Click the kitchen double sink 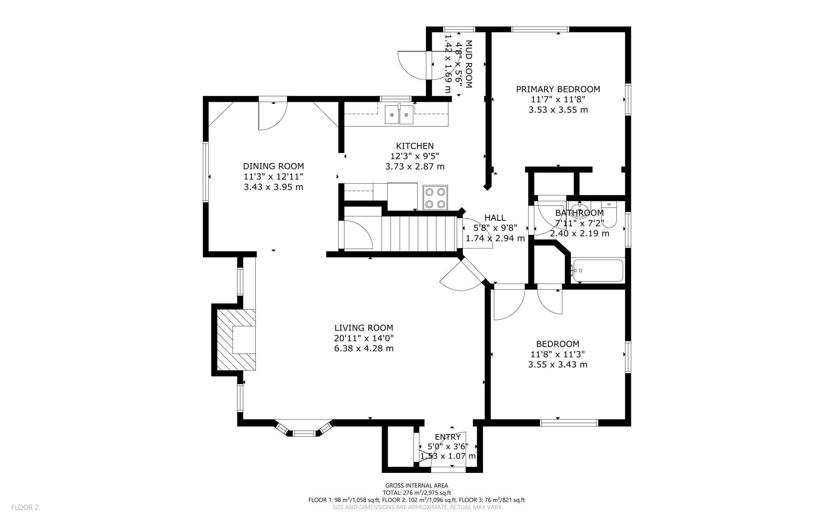pyautogui.click(x=399, y=114)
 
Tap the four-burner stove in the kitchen pyautogui.click(x=435, y=198)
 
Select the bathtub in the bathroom pyautogui.click(x=597, y=270)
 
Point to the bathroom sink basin pyautogui.click(x=579, y=211)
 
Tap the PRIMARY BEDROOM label pyautogui.click(x=558, y=89)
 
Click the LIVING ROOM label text pyautogui.click(x=364, y=328)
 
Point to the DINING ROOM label pyautogui.click(x=273, y=166)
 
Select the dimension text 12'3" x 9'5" pyautogui.click(x=415, y=156)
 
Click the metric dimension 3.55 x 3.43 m pyautogui.click(x=557, y=365)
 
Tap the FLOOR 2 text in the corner pyautogui.click(x=24, y=507)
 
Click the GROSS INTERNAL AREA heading pyautogui.click(x=417, y=485)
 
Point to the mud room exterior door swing pyautogui.click(x=413, y=65)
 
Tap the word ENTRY pyautogui.click(x=448, y=437)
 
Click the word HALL pyautogui.click(x=495, y=218)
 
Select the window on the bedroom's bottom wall pyautogui.click(x=568, y=423)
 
